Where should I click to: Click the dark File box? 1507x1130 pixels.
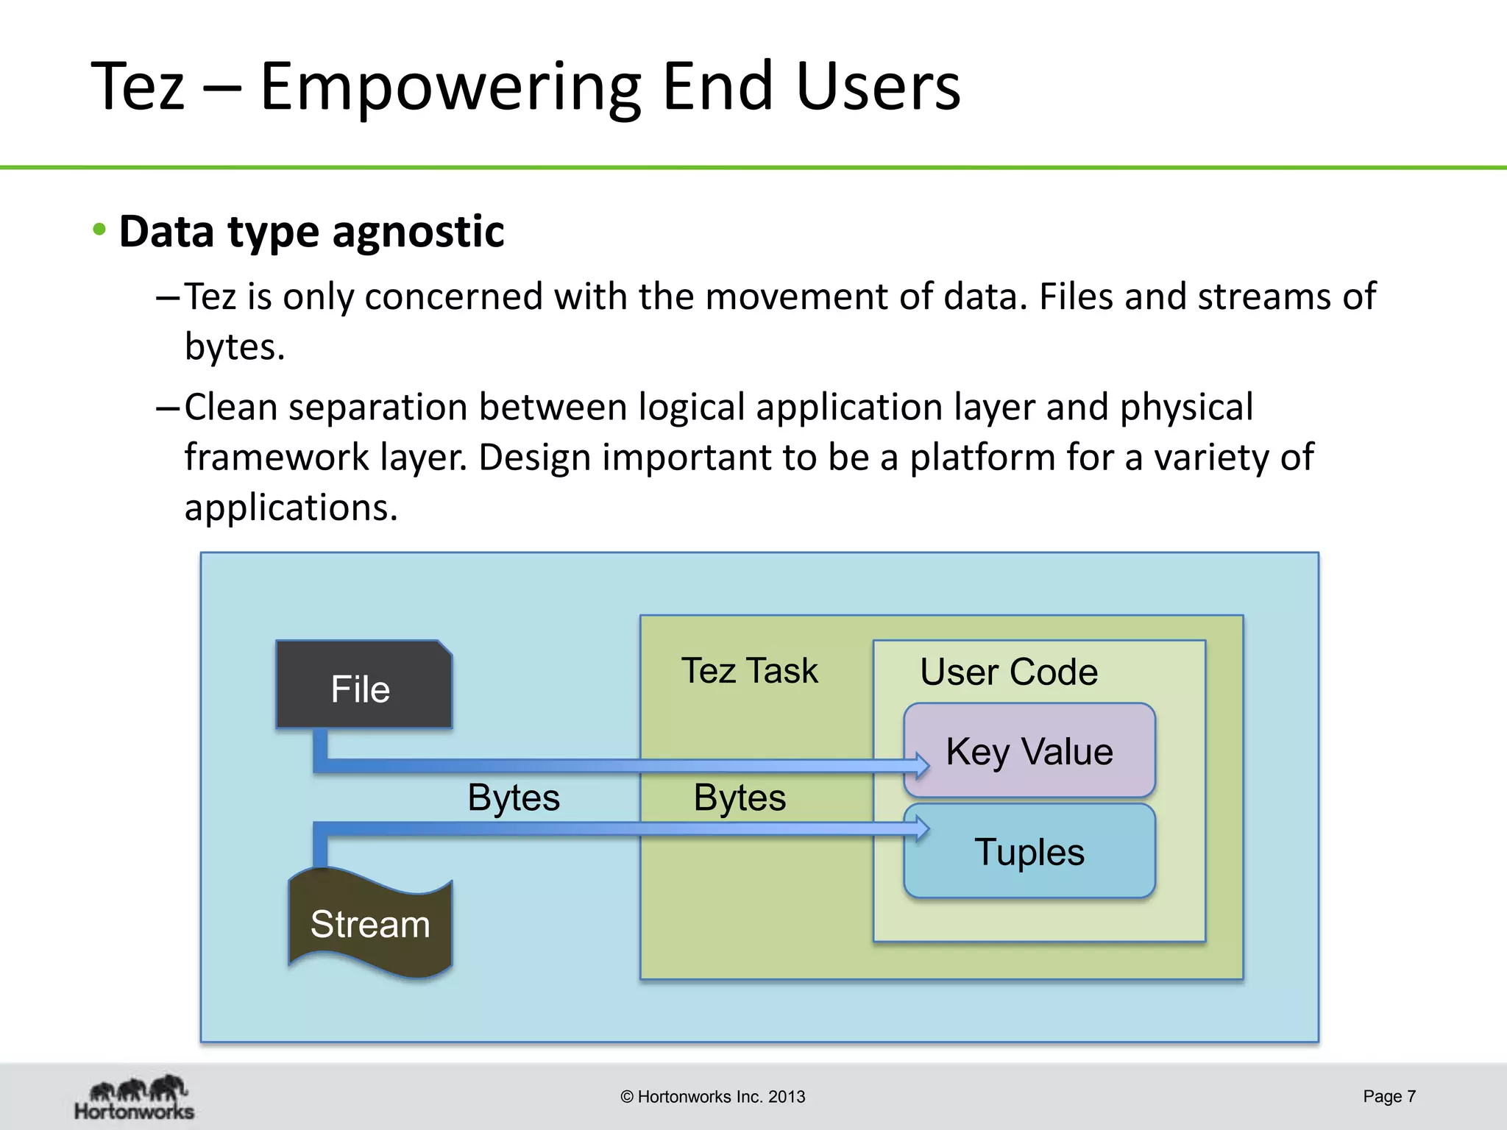tap(364, 686)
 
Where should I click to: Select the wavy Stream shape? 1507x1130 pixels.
tap(369, 924)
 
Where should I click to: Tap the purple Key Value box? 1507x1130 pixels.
tap(1029, 751)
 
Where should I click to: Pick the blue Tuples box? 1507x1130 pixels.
tap(1029, 852)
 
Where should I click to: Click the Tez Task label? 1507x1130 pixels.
tap(748, 670)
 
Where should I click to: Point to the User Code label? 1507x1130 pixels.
tap(1008, 672)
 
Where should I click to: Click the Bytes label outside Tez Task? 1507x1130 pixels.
tap(513, 797)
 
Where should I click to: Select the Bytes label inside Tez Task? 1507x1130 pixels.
tap(739, 797)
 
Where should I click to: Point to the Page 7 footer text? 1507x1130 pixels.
tap(1389, 1096)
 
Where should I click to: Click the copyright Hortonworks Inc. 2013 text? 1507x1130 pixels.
tap(712, 1097)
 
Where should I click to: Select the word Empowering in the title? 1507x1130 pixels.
tap(450, 87)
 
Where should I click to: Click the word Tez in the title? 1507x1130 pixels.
tap(137, 87)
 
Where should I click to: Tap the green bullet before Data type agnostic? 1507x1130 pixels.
tap(99, 230)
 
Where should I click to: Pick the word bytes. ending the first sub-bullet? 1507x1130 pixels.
tap(234, 346)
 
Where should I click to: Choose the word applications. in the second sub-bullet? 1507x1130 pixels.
tap(291, 508)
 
